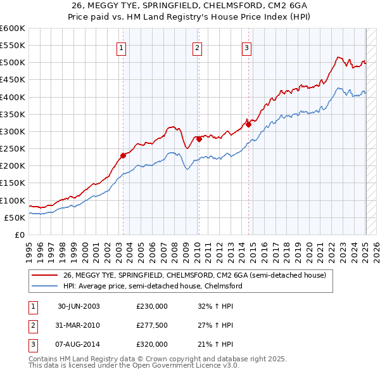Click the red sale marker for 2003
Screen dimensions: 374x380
pos(123,155)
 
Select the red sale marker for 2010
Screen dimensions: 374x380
pos(198,139)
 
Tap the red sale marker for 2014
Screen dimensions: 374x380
pos(248,124)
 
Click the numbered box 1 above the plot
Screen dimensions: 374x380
pos(121,47)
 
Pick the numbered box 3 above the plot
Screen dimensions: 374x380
pos(246,47)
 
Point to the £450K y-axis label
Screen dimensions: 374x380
pos(13,80)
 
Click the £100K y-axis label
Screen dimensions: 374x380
pos(13,200)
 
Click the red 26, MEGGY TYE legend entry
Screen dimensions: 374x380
pos(194,275)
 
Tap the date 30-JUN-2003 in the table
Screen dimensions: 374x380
pos(79,306)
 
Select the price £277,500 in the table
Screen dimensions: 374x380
pos(152,325)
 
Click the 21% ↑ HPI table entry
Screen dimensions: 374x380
pos(215,344)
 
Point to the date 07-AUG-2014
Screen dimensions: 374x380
pos(79,344)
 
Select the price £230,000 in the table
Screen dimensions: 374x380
pos(152,306)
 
